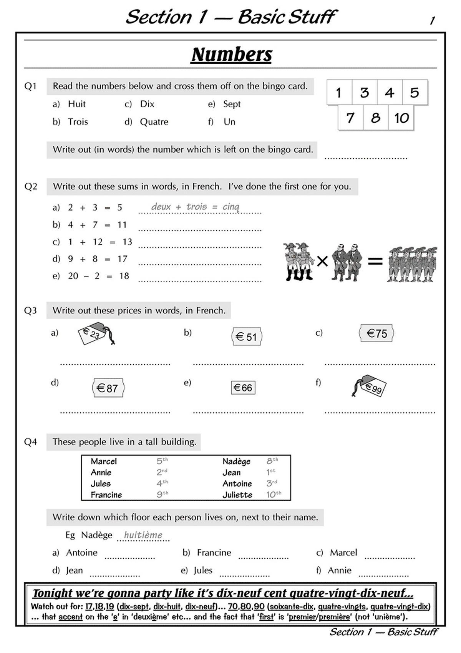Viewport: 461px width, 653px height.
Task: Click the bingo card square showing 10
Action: (401, 118)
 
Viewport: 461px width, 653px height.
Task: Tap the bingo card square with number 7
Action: (350, 118)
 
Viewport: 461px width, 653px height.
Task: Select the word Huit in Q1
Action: (76, 104)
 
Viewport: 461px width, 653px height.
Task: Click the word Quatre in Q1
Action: (154, 122)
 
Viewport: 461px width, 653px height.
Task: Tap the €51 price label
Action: (247, 337)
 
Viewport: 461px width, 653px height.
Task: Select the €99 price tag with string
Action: (370, 386)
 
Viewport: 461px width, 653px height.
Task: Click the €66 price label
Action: (243, 388)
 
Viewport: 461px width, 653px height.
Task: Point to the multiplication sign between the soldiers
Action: (322, 262)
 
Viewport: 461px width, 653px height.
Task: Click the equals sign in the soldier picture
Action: (375, 262)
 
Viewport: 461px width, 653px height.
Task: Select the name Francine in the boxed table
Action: (106, 495)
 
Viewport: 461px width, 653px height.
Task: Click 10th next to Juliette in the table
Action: (274, 495)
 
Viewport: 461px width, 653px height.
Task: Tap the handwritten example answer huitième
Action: (143, 535)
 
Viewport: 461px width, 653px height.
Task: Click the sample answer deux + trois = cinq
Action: (195, 207)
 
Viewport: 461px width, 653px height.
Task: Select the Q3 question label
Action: (30, 310)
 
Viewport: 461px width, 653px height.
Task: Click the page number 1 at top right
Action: (432, 21)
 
